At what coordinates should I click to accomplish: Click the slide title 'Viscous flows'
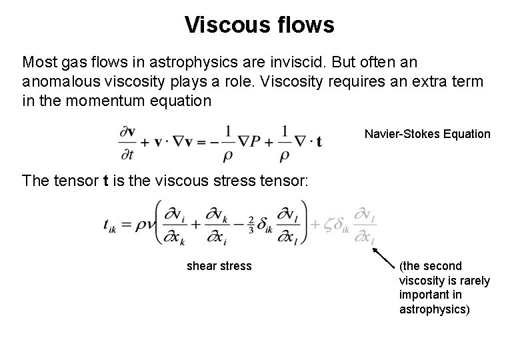point(259,25)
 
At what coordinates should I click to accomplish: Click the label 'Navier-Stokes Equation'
point(427,134)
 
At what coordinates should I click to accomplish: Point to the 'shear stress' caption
point(219,266)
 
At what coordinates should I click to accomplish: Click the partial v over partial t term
point(128,141)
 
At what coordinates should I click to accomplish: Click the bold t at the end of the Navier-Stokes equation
point(319,142)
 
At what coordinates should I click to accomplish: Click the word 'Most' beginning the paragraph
point(37,63)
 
